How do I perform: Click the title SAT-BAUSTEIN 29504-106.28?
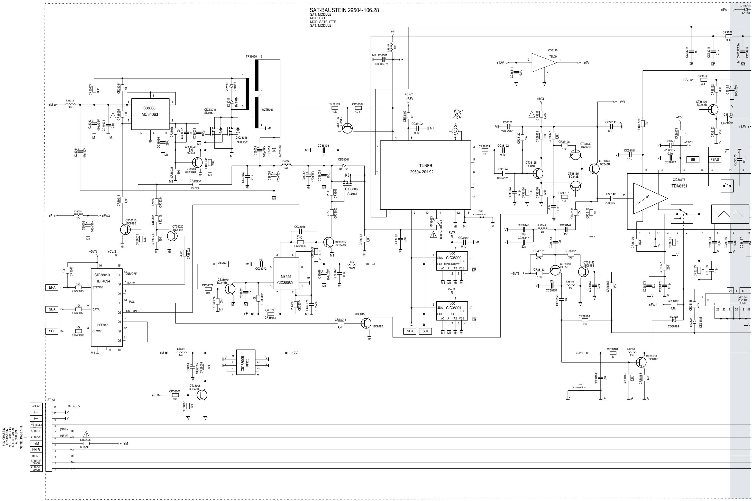(x=344, y=10)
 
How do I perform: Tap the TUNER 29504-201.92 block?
(x=425, y=175)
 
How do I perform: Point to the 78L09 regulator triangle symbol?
(x=543, y=63)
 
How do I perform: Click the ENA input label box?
(x=52, y=288)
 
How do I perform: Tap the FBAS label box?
(x=714, y=159)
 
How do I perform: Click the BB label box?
(x=693, y=159)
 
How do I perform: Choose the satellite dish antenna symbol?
(x=457, y=114)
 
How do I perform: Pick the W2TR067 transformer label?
(x=267, y=110)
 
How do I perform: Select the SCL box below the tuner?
(x=425, y=331)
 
